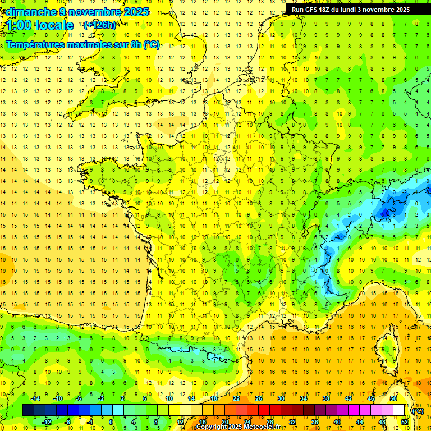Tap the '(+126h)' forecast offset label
(x=99, y=25)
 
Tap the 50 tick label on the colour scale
(x=393, y=398)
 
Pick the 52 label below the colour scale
(x=405, y=421)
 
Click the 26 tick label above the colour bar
(x=259, y=398)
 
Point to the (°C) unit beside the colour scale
(x=418, y=410)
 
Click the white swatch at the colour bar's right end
(x=399, y=410)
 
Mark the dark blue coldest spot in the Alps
(x=386, y=212)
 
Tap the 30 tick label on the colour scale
(x=281, y=398)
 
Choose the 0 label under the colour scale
(x=112, y=421)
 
